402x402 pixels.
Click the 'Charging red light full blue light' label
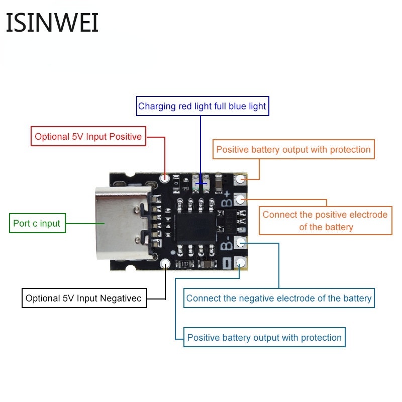(202, 106)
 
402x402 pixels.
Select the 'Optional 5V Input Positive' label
(88, 136)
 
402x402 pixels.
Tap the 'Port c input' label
(37, 223)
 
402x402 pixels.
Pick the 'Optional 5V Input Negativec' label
(85, 298)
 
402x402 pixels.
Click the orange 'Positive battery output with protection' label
(293, 149)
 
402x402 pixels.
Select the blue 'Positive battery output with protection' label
(264, 337)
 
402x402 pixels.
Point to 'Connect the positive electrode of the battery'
(325, 221)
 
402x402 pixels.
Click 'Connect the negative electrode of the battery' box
(279, 298)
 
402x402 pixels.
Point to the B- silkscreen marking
(227, 245)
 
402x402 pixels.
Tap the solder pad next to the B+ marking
(241, 199)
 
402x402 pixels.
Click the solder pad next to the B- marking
(241, 243)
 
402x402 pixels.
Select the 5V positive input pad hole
(164, 178)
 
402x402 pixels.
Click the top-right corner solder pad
(241, 178)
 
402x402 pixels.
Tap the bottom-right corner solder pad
(241, 262)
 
